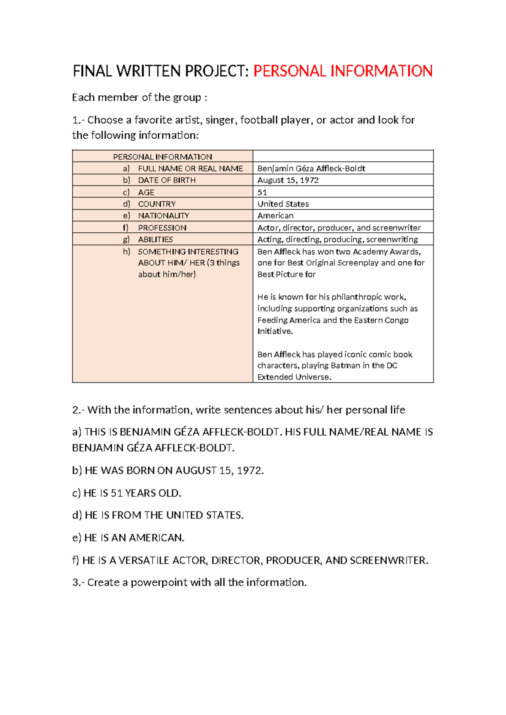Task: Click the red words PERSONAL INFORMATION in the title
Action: click(342, 71)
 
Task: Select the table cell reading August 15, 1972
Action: click(288, 180)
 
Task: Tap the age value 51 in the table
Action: click(262, 192)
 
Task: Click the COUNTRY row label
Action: click(156, 204)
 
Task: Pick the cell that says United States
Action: click(283, 204)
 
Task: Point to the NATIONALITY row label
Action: click(163, 216)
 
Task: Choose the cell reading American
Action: click(275, 216)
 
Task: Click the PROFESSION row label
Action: click(162, 228)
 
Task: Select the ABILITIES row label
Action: click(155, 239)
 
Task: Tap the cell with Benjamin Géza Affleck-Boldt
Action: click(311, 168)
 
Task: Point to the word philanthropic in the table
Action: click(356, 297)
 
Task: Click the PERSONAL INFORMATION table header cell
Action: click(162, 157)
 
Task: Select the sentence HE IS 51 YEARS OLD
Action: click(126, 493)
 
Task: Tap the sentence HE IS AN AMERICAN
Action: click(128, 538)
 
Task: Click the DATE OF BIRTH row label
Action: click(167, 180)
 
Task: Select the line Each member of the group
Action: click(139, 97)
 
